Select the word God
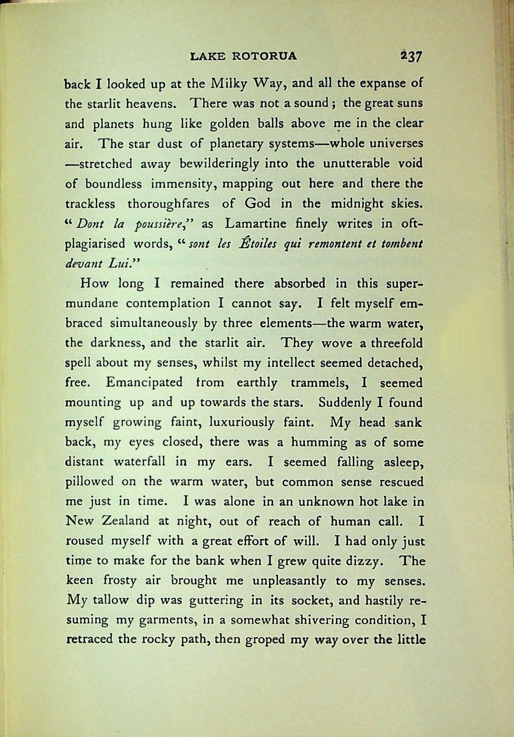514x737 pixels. pos(258,203)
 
